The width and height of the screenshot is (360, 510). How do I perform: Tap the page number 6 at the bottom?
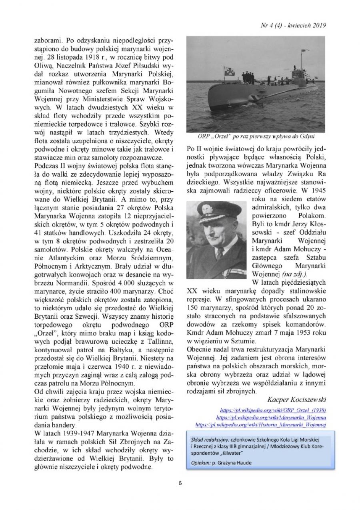pos(180,482)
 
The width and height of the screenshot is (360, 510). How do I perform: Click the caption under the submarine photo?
pos(256,136)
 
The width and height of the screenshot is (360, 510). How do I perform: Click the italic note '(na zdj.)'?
pos(294,273)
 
